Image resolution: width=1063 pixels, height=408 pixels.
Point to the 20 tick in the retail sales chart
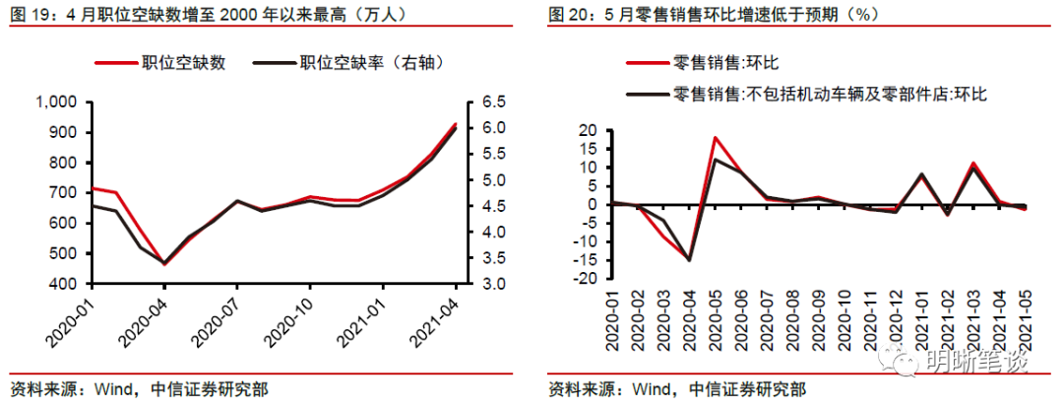(x=589, y=131)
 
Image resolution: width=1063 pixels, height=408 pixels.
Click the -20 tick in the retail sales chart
(x=586, y=278)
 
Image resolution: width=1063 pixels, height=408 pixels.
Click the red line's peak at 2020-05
(x=716, y=138)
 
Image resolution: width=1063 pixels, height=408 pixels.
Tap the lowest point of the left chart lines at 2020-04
(x=164, y=263)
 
